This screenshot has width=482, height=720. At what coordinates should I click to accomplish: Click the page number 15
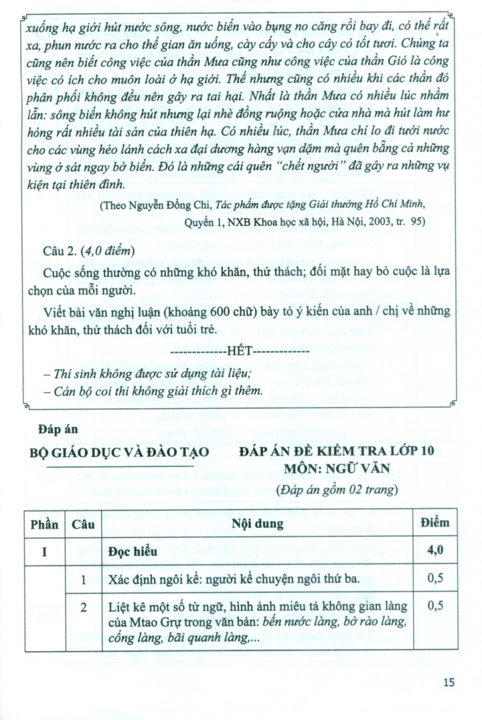pos(450,681)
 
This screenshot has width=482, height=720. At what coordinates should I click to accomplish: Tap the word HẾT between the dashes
pos(240,351)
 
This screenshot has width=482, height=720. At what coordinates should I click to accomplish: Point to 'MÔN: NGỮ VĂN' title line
pos(336,470)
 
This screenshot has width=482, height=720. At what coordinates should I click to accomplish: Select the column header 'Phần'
pos(44,523)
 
